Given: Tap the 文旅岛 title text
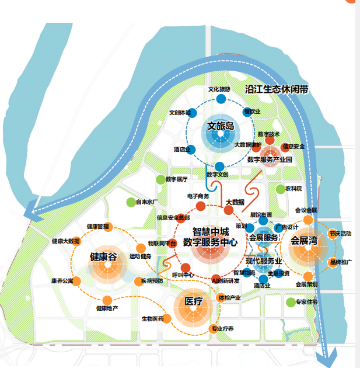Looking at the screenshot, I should tap(221, 126).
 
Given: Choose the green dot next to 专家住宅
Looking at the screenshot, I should tap(290, 302).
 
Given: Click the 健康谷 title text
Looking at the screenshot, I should tap(104, 257).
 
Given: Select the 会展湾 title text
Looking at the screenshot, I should tap(304, 239).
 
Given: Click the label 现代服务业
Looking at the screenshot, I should tap(264, 261).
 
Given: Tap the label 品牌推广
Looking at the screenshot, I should tap(340, 262).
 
